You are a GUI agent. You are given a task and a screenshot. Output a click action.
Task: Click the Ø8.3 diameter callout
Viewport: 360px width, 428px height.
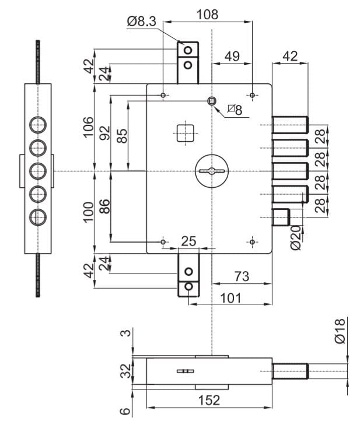point(141,22)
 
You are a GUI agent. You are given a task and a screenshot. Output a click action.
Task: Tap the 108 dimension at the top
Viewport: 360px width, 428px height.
point(208,14)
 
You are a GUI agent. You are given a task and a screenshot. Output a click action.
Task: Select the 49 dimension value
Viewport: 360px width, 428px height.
point(232,56)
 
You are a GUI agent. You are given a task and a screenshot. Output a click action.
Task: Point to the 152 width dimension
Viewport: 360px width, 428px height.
point(209,401)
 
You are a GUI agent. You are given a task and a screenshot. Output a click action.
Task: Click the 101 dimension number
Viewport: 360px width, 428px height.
point(231,298)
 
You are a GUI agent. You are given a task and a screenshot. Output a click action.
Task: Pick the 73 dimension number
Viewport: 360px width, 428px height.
point(242,276)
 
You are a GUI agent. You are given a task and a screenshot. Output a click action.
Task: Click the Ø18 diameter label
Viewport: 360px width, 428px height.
point(340,331)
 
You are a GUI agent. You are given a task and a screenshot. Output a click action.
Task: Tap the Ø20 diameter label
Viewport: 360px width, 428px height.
point(296,238)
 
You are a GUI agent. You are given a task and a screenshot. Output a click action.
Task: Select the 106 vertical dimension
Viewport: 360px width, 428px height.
point(89,127)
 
